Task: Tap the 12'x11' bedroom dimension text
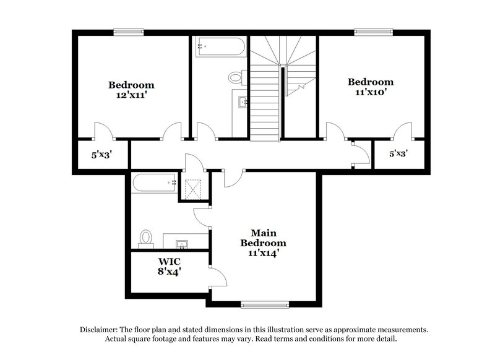131,96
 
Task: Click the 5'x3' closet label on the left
102,155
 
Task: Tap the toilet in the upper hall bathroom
236,78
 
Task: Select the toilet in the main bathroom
146,238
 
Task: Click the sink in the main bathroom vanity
183,242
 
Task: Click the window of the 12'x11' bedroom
129,31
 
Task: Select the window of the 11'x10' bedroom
373,31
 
